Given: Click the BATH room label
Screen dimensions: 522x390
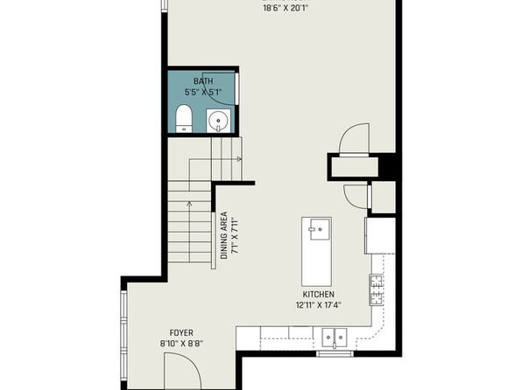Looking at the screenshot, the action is (x=203, y=80).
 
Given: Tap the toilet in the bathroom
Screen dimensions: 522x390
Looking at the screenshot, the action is (x=184, y=119).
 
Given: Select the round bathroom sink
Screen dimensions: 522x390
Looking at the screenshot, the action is (x=218, y=121).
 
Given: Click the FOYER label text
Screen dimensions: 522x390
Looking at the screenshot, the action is (x=181, y=333).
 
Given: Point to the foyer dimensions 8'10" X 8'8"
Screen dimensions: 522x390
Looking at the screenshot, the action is (x=181, y=344).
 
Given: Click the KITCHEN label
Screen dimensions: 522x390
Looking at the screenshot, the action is (x=318, y=294).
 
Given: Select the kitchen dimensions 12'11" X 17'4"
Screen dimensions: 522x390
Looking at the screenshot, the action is (x=319, y=305).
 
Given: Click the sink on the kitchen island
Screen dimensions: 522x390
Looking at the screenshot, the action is (x=320, y=229).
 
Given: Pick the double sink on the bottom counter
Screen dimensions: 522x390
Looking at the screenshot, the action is (x=335, y=338).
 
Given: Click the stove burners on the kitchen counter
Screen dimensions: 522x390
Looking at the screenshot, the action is (x=377, y=290).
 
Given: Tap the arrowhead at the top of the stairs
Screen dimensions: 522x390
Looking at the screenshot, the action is (x=239, y=159).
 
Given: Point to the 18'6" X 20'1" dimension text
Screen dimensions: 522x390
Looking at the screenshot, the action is (x=284, y=9).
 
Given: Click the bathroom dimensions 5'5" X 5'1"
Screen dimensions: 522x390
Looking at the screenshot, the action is (x=203, y=92).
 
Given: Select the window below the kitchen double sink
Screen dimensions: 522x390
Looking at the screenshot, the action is (x=335, y=353).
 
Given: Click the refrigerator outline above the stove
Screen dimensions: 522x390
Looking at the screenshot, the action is (x=380, y=236).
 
